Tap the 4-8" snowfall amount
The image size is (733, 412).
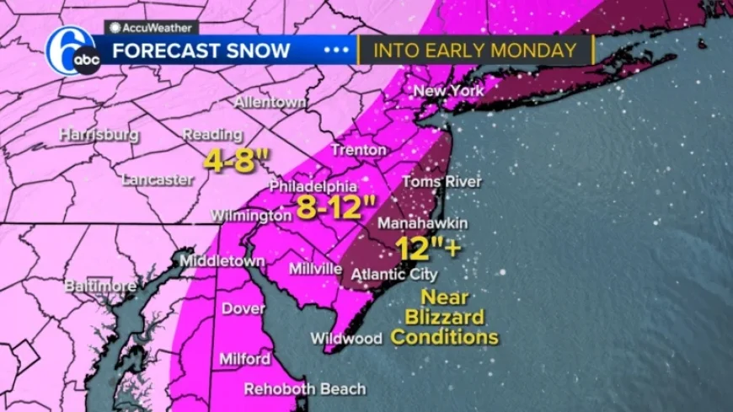[x=230, y=161]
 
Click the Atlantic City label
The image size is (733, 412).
[x=394, y=275]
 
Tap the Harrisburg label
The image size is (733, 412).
[x=99, y=135]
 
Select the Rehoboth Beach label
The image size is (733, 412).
[x=305, y=389]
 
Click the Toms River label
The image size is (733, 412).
[x=441, y=182]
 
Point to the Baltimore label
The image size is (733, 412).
[x=100, y=286]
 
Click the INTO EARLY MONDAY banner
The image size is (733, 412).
[x=476, y=51]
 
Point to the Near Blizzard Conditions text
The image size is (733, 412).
[x=444, y=318]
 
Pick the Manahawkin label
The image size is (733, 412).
[x=422, y=223]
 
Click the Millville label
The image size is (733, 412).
[x=315, y=270]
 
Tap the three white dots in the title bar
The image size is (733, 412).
[x=336, y=51]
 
